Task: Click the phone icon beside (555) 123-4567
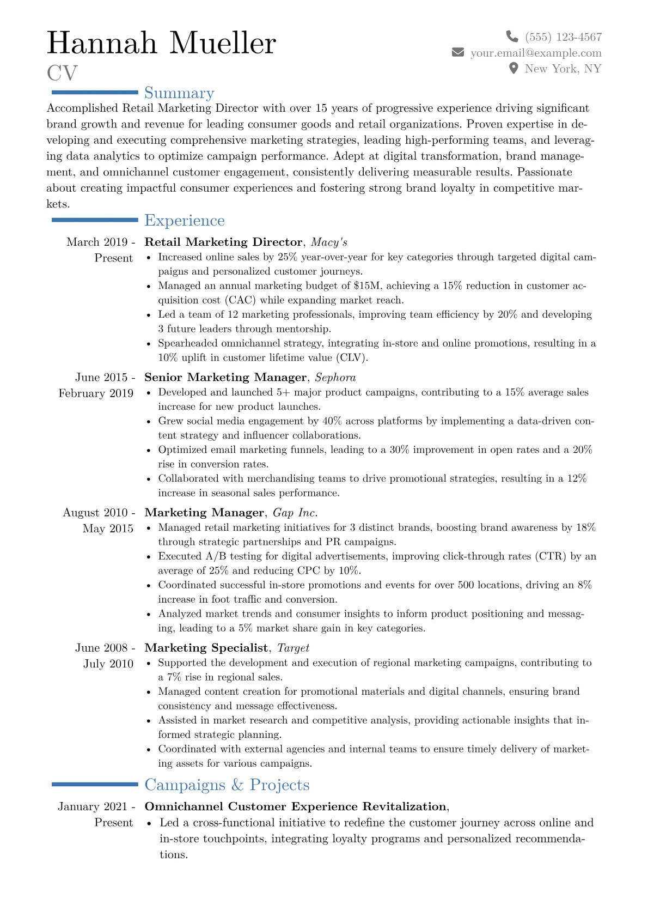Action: point(512,37)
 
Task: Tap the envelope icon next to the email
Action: point(458,53)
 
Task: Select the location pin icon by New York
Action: point(513,69)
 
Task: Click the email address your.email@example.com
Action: point(536,53)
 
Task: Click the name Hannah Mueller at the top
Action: point(161,43)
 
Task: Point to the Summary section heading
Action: point(179,93)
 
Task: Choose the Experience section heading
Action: point(185,221)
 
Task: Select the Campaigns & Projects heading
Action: point(227,785)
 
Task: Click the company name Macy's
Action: point(329,242)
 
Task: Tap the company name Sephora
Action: point(335,377)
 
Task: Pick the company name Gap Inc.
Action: point(295,512)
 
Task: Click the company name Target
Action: point(293,647)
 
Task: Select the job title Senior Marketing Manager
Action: point(225,377)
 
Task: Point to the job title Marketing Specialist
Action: point(206,647)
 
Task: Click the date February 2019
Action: point(96,393)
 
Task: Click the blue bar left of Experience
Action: point(95,220)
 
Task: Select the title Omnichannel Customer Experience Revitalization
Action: point(295,806)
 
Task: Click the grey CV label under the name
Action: point(62,73)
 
